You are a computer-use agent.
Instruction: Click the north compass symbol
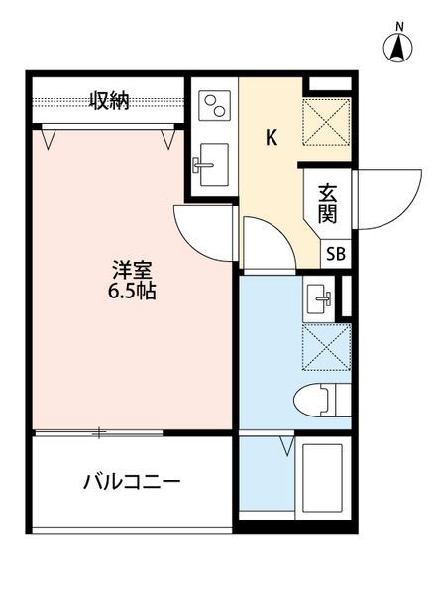click(x=398, y=48)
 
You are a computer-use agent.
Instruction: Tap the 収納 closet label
click(x=109, y=100)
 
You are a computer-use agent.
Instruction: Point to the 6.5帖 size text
click(x=130, y=293)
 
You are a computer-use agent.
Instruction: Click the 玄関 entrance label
click(x=328, y=206)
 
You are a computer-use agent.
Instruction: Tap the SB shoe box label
click(x=336, y=253)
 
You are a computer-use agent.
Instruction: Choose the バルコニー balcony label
click(x=130, y=484)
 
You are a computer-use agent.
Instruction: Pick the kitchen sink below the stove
click(x=212, y=160)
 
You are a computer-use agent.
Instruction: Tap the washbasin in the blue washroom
click(x=321, y=294)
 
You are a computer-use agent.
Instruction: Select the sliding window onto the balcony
click(x=99, y=432)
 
